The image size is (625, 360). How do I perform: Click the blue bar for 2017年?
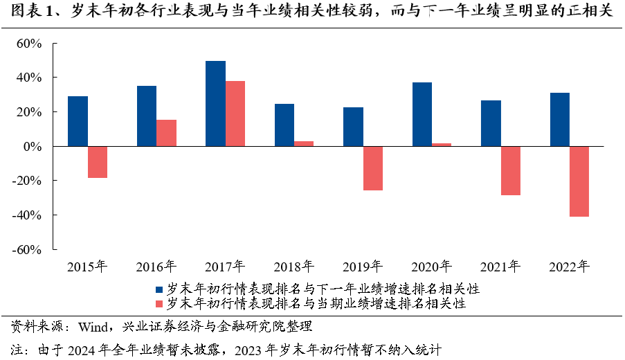pyautogui.click(x=215, y=104)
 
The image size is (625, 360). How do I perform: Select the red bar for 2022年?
pyautogui.click(x=579, y=181)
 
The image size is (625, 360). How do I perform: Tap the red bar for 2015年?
pyautogui.click(x=98, y=162)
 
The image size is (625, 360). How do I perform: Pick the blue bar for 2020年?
pyautogui.click(x=422, y=114)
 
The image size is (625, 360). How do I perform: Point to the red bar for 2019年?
pyautogui.click(x=372, y=168)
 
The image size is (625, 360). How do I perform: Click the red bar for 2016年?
pyautogui.click(x=166, y=133)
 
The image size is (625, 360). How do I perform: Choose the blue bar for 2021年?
pyautogui.click(x=491, y=123)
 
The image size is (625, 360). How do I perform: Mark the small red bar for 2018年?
pyautogui.click(x=304, y=144)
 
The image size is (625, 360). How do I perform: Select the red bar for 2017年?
pyautogui.click(x=235, y=114)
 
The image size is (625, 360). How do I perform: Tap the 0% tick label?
pyautogui.click(x=33, y=147)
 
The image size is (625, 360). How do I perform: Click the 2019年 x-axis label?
pyautogui.click(x=363, y=266)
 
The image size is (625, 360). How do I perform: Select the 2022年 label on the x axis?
pyautogui.click(x=569, y=266)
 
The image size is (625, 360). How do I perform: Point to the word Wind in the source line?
pyautogui.click(x=93, y=326)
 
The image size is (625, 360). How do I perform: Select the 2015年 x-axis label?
pyautogui.click(x=87, y=266)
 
